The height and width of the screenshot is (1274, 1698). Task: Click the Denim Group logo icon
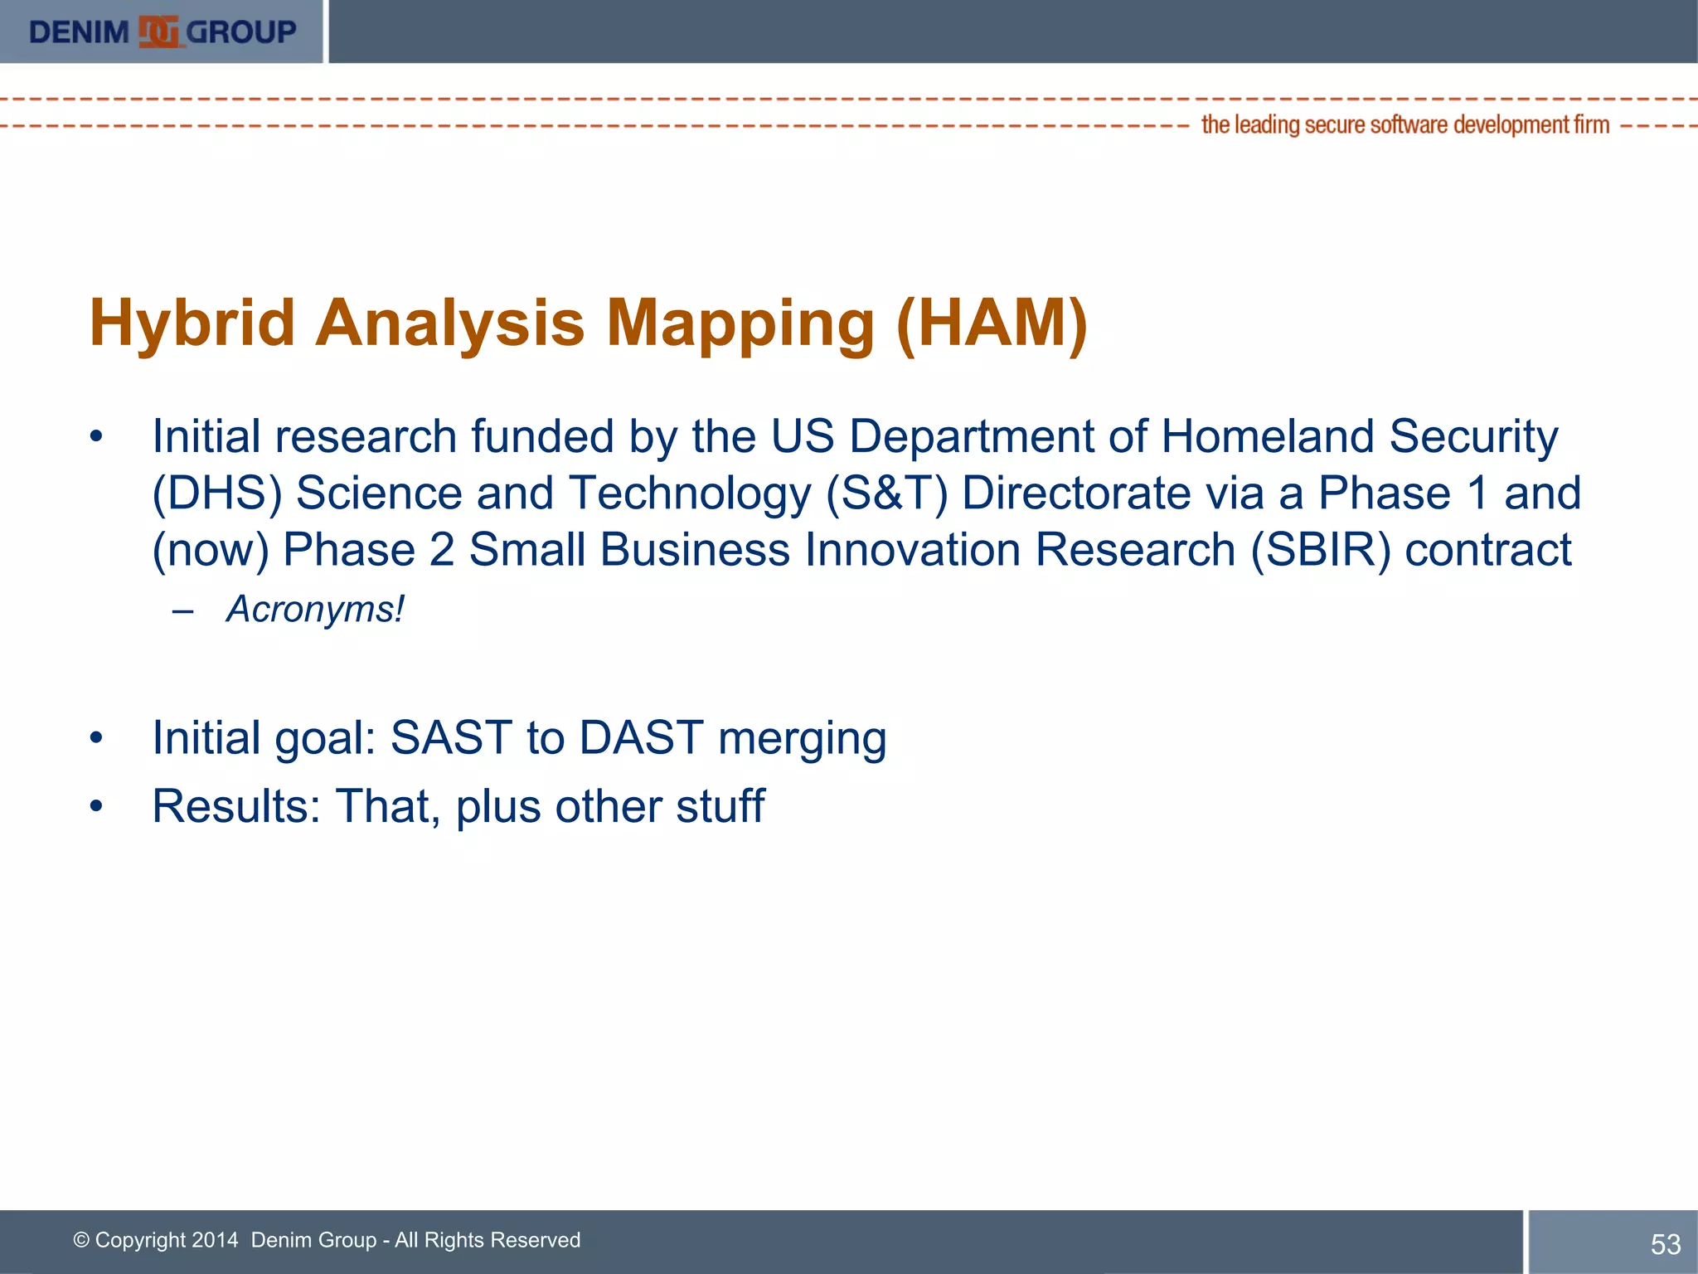pyautogui.click(x=158, y=32)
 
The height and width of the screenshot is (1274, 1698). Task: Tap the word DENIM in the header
pyautogui.click(x=79, y=32)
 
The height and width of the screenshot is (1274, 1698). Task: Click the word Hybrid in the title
pyautogui.click(x=192, y=323)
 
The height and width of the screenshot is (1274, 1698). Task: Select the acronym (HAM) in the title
pyautogui.click(x=992, y=323)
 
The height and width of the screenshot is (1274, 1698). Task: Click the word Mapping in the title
pyautogui.click(x=740, y=323)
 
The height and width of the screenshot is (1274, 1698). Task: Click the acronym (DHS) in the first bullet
pyautogui.click(x=217, y=494)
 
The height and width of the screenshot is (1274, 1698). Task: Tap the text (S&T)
pyautogui.click(x=886, y=494)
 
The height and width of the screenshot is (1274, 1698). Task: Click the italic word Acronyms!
pyautogui.click(x=315, y=610)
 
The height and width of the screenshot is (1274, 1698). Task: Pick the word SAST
pyautogui.click(x=451, y=737)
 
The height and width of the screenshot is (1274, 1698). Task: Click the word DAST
pyautogui.click(x=641, y=737)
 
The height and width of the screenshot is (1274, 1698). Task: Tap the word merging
pyautogui.click(x=802, y=739)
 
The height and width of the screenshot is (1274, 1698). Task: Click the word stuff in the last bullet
pyautogui.click(x=720, y=806)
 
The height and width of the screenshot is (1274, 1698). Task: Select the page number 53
pyautogui.click(x=1665, y=1244)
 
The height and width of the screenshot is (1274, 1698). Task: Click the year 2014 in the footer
pyautogui.click(x=214, y=1240)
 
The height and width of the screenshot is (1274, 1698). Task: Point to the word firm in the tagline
pyautogui.click(x=1592, y=125)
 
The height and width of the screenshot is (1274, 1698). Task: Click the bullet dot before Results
pyautogui.click(x=97, y=806)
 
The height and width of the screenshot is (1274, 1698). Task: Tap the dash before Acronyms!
pyautogui.click(x=182, y=611)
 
